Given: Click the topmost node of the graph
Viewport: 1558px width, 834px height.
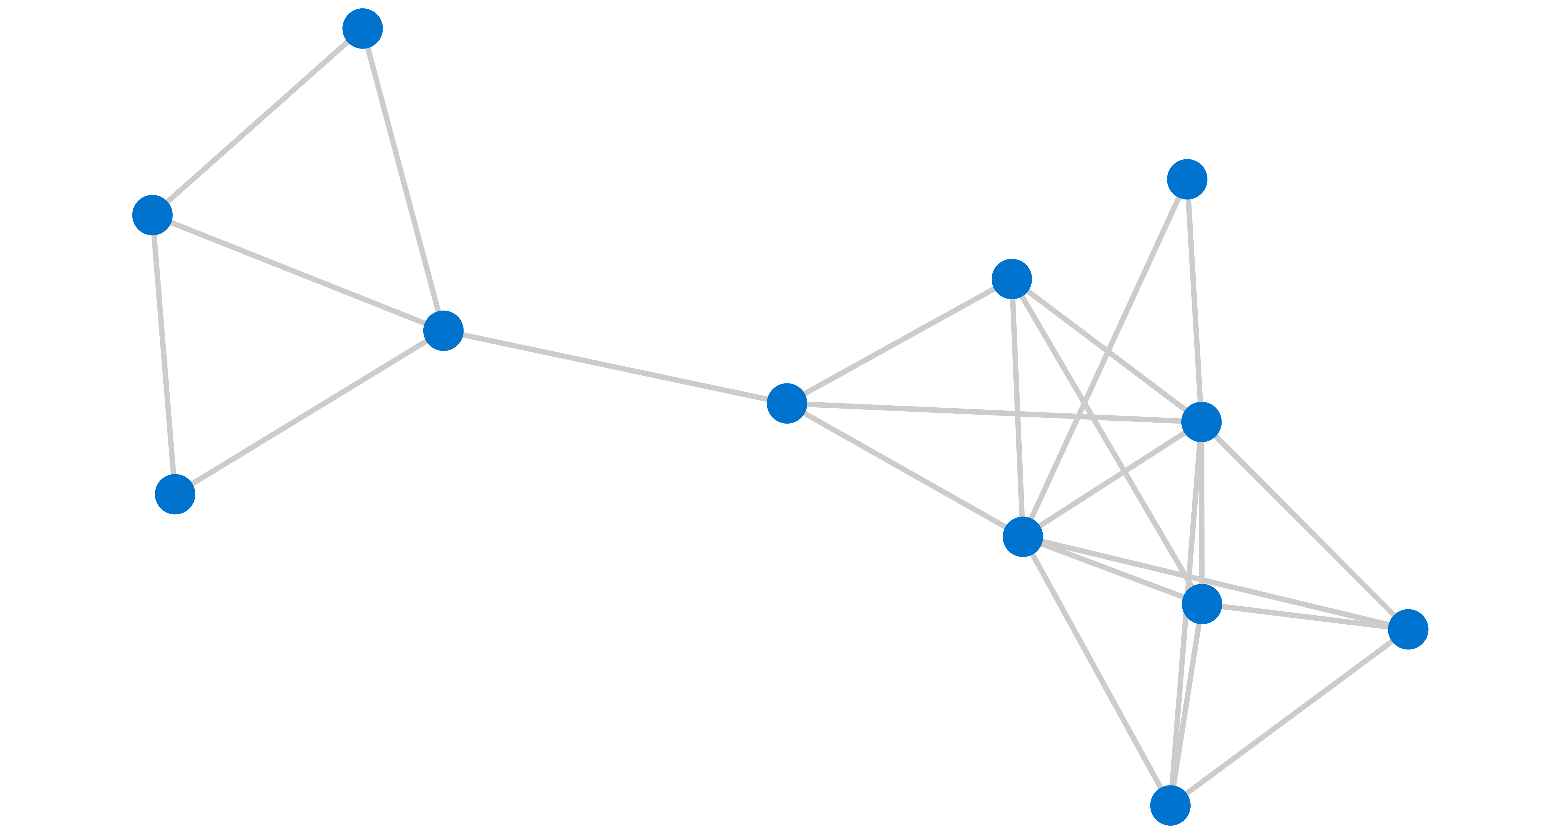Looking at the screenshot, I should pos(362,28).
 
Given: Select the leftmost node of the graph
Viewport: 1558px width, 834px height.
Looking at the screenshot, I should pos(153,215).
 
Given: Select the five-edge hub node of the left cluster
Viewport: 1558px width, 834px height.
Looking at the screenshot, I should pos(443,331).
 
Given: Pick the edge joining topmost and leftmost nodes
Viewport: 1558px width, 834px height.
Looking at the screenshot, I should pos(257,122).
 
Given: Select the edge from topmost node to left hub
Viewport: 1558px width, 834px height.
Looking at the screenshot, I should pos(403,180).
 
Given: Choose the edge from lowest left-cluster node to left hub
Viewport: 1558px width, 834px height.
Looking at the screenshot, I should pos(309,413).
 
